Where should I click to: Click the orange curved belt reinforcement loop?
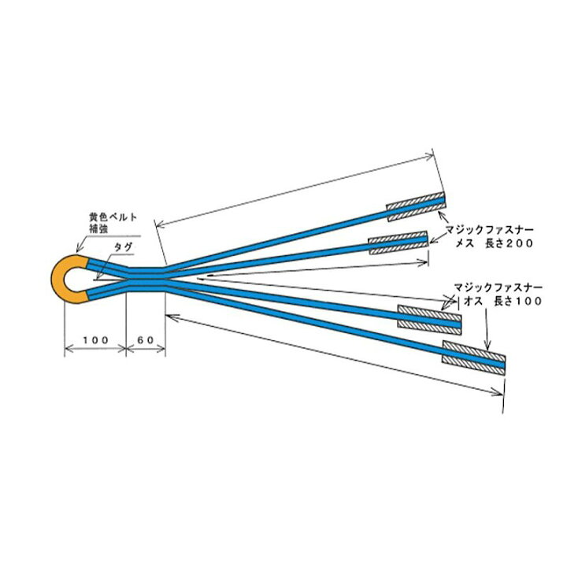pyautogui.click(x=57, y=279)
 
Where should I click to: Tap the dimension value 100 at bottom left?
pyautogui.click(x=95, y=340)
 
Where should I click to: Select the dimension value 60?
pyautogui.click(x=146, y=340)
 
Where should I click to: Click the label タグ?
pyautogui.click(x=124, y=247)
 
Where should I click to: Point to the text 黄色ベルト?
pyautogui.click(x=113, y=217)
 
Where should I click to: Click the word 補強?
pyautogui.click(x=98, y=229)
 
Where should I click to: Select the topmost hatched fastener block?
pyautogui.click(x=416, y=206)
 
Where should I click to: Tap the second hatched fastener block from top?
pyautogui.click(x=398, y=243)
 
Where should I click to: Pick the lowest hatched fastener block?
pyautogui.click(x=474, y=358)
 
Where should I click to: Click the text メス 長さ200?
pyautogui.click(x=494, y=243)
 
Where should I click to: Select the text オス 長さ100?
pyautogui.click(x=502, y=301)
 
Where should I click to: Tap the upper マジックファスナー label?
pyautogui.click(x=489, y=230)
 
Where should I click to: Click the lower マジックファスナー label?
pyautogui.click(x=498, y=287)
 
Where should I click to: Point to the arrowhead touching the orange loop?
pyautogui.click(x=79, y=248)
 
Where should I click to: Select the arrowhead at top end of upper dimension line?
pyautogui.click(x=429, y=156)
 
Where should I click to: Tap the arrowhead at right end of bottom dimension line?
pyautogui.click(x=497, y=392)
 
